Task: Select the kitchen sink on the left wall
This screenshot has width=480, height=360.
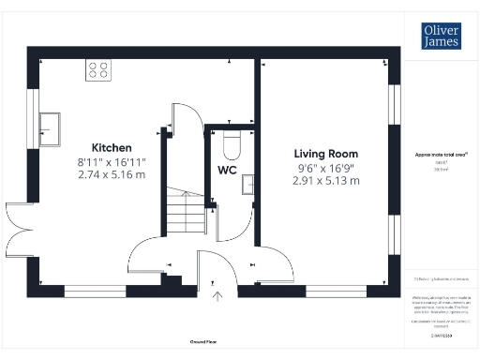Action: (49, 126)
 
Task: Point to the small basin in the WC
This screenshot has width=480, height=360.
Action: (248, 184)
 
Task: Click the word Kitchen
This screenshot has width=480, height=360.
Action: (112, 148)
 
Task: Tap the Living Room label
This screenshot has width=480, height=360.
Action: (325, 154)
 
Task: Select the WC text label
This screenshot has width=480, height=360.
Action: (227, 171)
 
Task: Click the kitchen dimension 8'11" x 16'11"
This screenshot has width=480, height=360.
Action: (112, 161)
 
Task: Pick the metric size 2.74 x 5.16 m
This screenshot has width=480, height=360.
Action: (112, 175)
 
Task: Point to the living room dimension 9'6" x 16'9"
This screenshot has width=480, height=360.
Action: (325, 167)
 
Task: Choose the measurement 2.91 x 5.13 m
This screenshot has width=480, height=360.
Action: (325, 181)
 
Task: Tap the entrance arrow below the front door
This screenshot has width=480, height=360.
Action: (218, 297)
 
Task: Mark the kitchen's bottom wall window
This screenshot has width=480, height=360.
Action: (94, 291)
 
